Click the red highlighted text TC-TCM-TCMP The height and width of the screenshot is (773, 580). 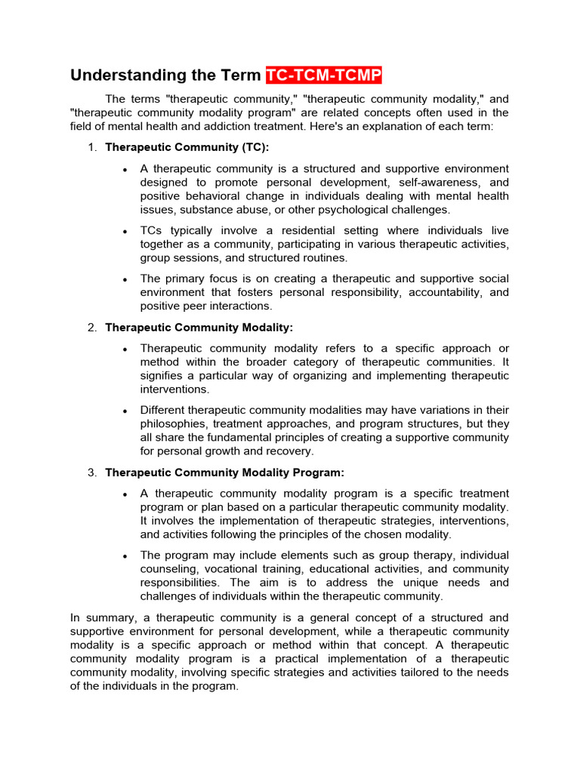coord(324,75)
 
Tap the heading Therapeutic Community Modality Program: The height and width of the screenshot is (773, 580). coord(224,473)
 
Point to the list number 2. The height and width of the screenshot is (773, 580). coord(91,327)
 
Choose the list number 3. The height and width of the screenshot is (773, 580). coord(91,473)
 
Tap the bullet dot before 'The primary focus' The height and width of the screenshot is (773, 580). coord(125,279)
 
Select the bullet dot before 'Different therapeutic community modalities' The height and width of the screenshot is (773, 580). coord(125,411)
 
